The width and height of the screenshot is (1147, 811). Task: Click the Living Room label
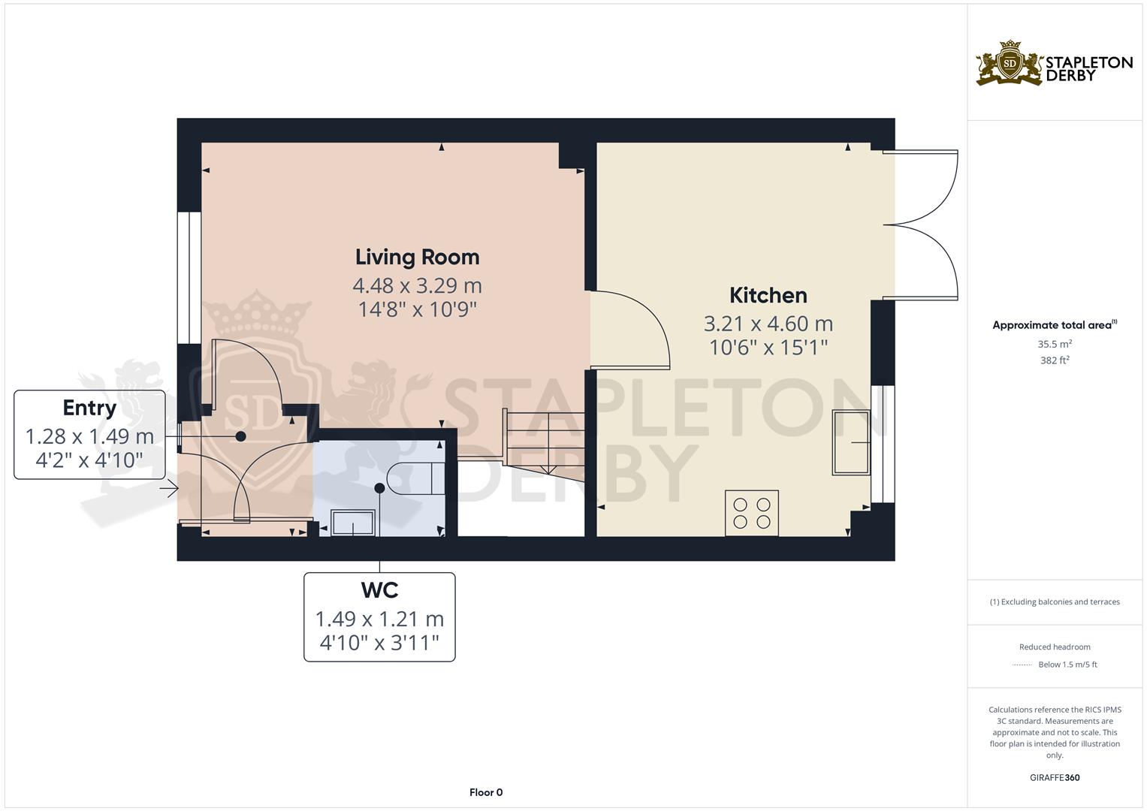(x=417, y=257)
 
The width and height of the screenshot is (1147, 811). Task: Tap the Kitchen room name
(x=768, y=295)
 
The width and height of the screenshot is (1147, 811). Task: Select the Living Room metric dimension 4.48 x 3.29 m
(x=417, y=285)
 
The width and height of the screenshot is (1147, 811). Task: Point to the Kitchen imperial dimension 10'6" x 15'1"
(x=768, y=347)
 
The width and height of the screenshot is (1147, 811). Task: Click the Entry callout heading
(x=89, y=408)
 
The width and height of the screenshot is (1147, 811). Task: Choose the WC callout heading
(x=379, y=590)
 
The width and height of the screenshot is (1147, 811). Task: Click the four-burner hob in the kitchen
(x=752, y=513)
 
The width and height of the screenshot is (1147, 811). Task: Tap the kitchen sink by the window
(x=850, y=442)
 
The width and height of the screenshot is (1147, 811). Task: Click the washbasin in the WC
(x=353, y=522)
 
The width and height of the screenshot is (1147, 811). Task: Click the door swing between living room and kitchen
(x=631, y=330)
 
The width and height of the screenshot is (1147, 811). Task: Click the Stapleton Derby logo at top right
(x=1054, y=64)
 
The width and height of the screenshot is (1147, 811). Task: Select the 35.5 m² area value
(x=1054, y=344)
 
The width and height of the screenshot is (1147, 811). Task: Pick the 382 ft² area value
(x=1054, y=360)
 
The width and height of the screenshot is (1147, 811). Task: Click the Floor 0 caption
(x=486, y=792)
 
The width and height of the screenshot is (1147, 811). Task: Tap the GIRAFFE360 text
(x=1054, y=777)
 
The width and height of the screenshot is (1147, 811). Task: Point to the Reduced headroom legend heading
(x=1054, y=647)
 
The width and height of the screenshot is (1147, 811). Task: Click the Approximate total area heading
(x=1054, y=325)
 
